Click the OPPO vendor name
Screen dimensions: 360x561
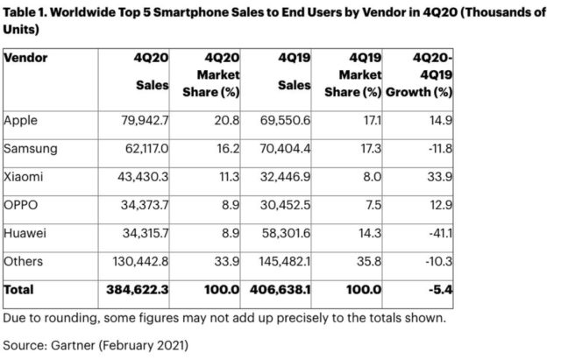coord(22,204)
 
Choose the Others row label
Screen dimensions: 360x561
coord(24,260)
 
